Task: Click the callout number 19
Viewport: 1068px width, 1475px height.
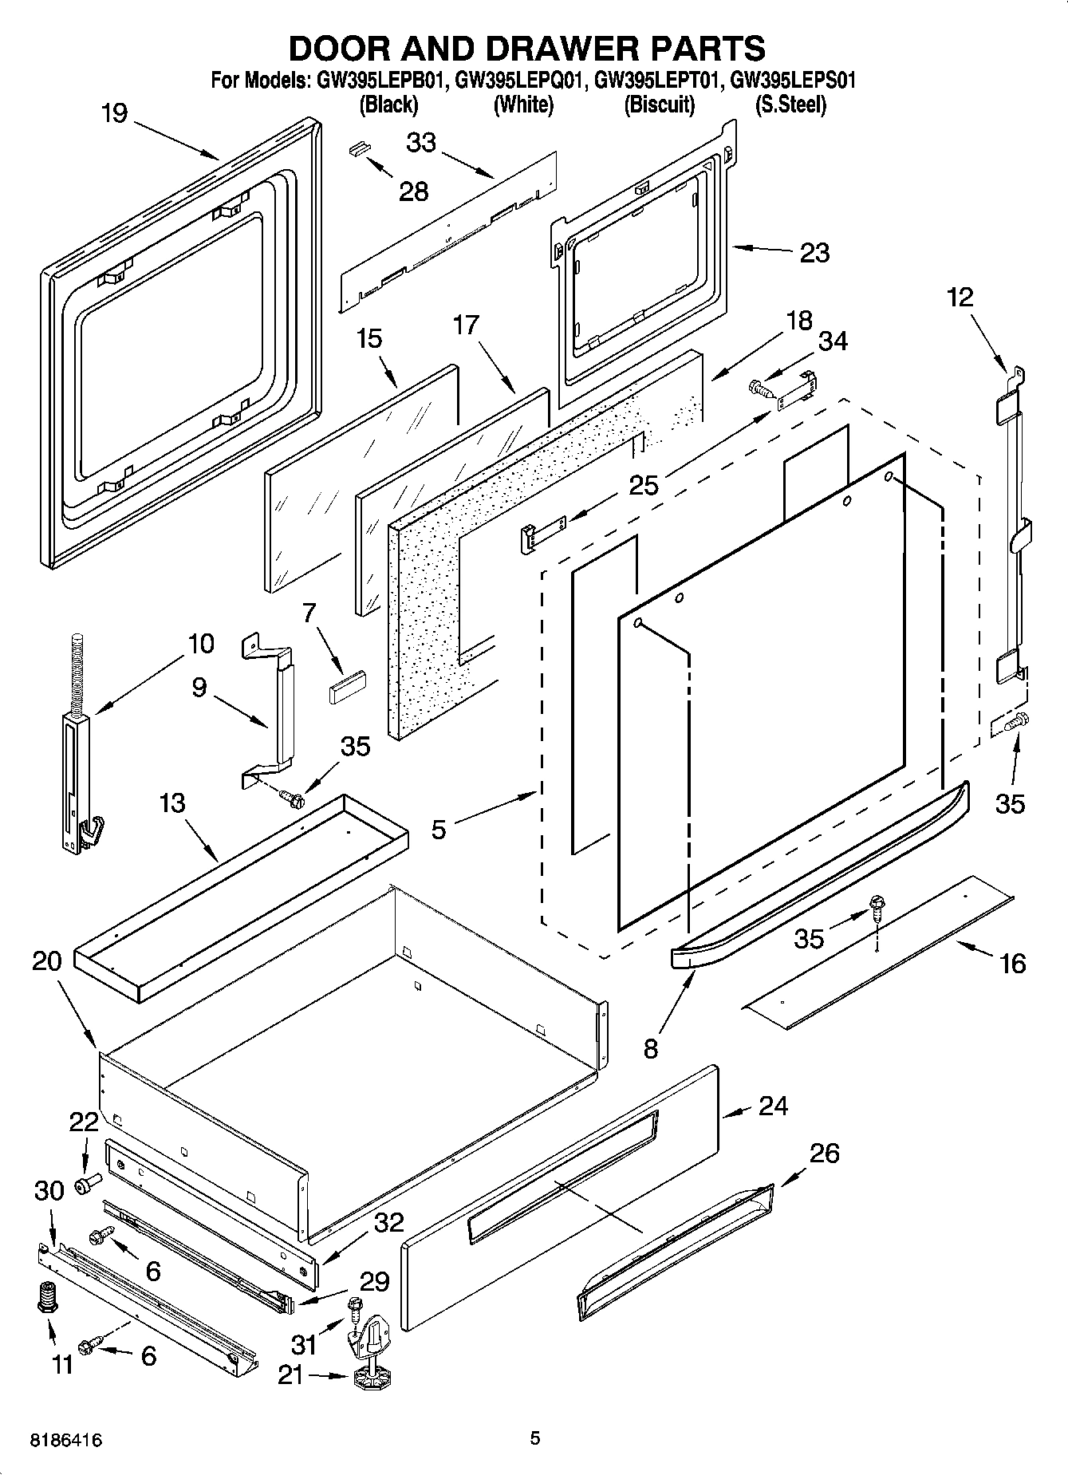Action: coord(115,113)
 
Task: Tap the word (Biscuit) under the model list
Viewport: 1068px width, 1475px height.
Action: coord(660,105)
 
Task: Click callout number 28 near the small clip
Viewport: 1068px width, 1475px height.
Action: coord(413,191)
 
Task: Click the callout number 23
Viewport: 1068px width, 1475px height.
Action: coord(814,253)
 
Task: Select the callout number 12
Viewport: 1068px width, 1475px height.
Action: coord(960,298)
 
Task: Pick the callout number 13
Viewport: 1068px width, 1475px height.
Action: coord(171,803)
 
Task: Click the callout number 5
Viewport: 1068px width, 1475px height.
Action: coord(439,830)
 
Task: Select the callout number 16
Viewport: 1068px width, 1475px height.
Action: coord(1012,964)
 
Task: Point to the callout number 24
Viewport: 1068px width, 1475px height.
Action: coord(773,1106)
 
